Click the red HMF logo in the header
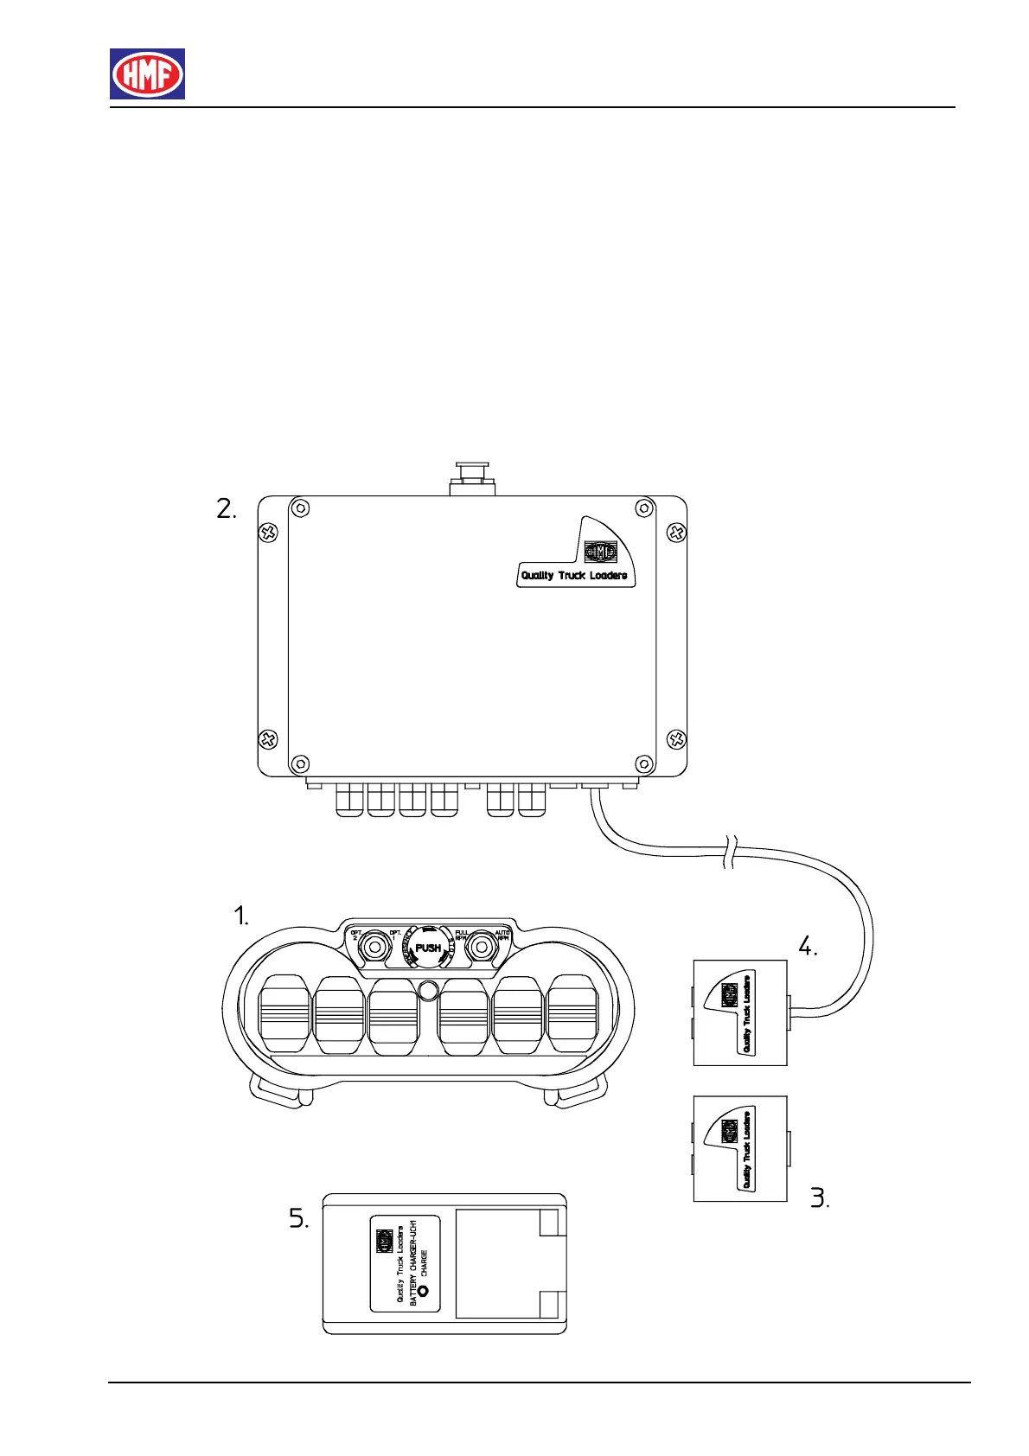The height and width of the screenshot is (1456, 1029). click(147, 73)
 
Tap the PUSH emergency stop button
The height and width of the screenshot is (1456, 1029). click(428, 948)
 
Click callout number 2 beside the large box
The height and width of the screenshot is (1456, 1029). click(227, 510)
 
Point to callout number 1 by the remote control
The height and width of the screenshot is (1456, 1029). click(242, 916)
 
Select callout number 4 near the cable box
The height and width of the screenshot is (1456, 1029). click(807, 947)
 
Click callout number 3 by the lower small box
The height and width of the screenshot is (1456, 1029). click(820, 1198)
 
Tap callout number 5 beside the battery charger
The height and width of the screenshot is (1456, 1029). click(298, 1220)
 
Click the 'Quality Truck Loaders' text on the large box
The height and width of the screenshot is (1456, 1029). click(573, 575)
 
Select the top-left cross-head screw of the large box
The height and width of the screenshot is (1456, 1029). click(269, 532)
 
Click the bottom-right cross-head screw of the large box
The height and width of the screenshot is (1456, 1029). click(676, 739)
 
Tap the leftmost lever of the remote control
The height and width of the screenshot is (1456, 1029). click(284, 1015)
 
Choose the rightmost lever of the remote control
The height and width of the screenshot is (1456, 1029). click(572, 1015)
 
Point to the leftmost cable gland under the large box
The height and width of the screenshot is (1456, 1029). click(349, 800)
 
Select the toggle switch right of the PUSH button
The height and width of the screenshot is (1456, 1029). click(480, 948)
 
